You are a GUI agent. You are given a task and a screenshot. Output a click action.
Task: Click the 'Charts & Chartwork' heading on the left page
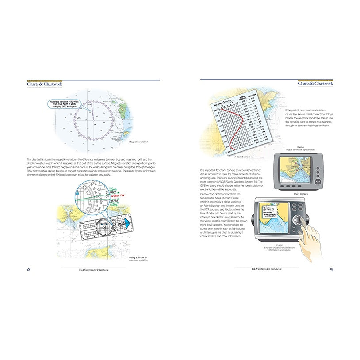pos(44,84)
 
